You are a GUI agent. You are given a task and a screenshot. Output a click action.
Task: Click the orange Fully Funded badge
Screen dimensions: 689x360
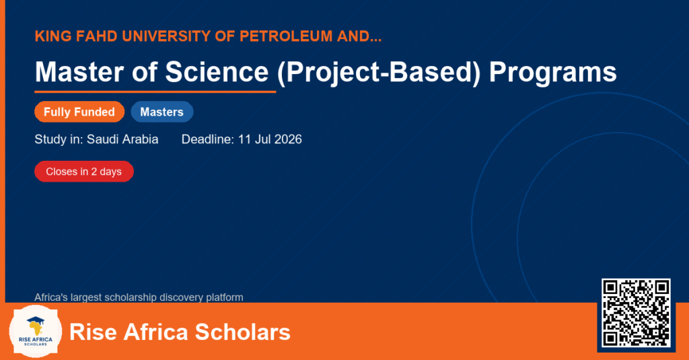pos(79,112)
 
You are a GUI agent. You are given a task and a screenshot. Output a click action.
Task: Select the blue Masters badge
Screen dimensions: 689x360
pos(162,112)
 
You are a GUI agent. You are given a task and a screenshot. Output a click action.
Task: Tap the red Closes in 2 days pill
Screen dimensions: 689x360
pos(84,172)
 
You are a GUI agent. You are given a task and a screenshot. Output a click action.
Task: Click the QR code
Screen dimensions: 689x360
pos(636,313)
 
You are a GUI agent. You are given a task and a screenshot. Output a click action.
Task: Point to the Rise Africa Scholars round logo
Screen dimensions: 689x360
pos(36,332)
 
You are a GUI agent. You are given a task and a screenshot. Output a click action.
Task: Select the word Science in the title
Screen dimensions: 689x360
pos(217,71)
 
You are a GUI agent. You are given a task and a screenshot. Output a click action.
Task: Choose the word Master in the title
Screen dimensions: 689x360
pos(79,71)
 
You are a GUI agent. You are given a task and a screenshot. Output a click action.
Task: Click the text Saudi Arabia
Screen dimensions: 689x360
pos(122,139)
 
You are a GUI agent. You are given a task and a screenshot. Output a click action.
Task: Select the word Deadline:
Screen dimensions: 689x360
pos(208,139)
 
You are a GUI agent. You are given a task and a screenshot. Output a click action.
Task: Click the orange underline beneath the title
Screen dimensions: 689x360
pos(155,92)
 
